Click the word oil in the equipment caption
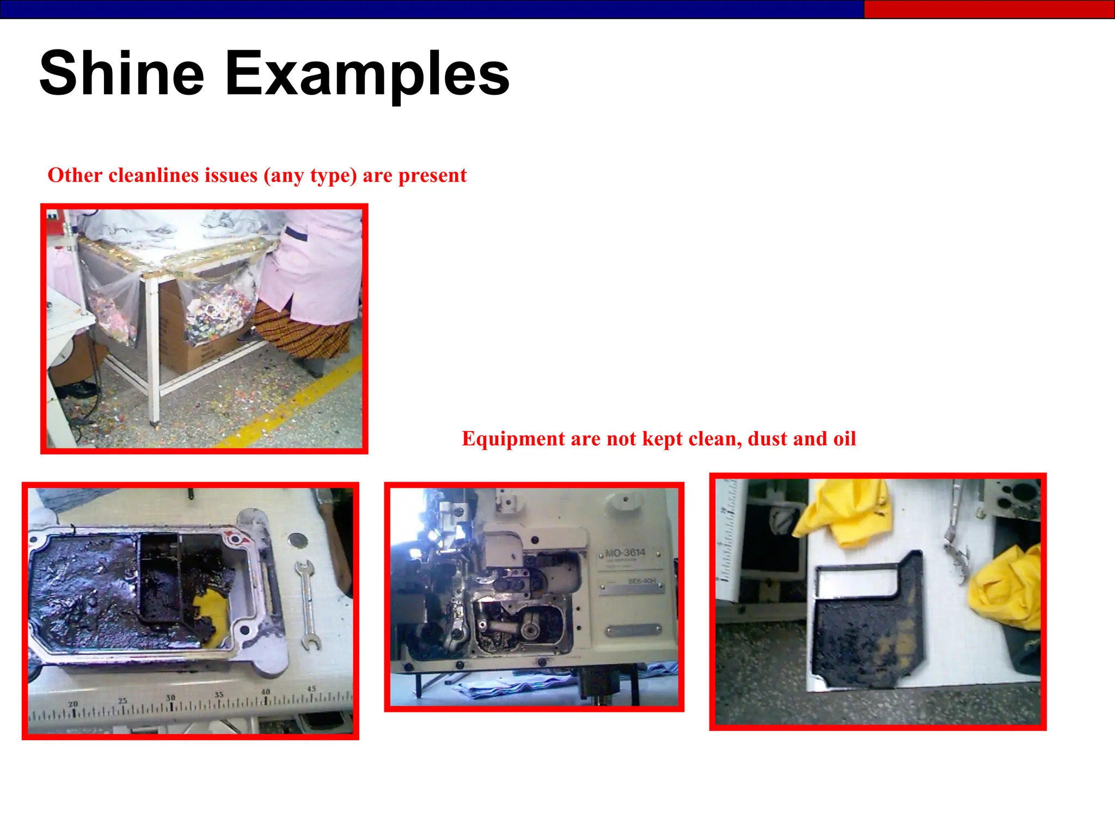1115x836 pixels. (844, 439)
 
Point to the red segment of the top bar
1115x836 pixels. (988, 9)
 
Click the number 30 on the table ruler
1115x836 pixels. (171, 698)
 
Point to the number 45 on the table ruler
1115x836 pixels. (311, 689)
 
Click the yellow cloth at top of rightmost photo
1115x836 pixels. (844, 512)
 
